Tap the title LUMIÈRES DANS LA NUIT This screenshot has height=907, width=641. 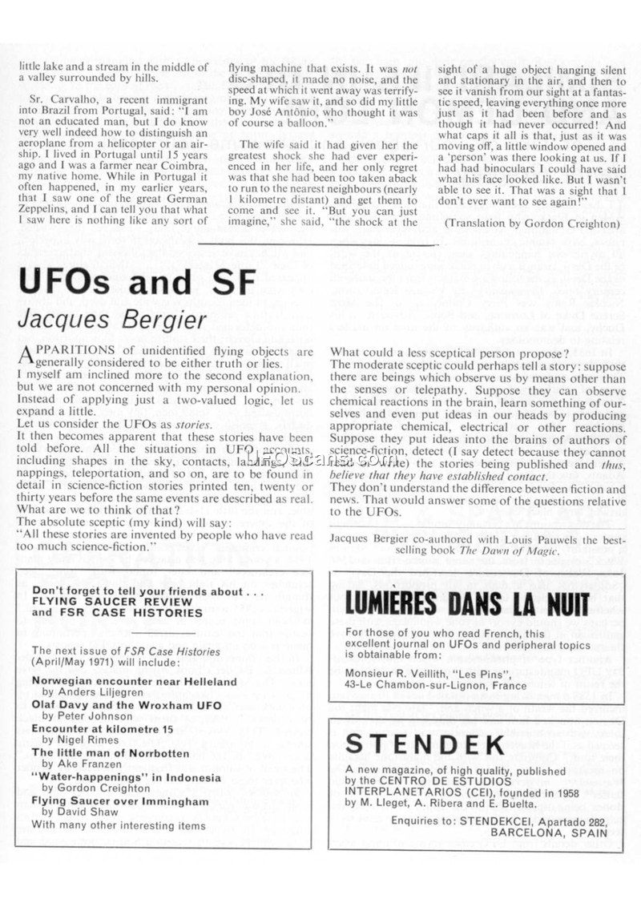(x=466, y=603)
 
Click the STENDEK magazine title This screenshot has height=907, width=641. (x=425, y=744)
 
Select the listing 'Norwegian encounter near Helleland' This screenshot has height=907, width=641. (x=134, y=681)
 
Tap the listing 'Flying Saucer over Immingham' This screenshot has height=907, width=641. (x=119, y=800)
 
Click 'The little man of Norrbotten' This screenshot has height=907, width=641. (x=110, y=752)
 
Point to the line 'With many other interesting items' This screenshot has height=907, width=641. (x=119, y=824)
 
